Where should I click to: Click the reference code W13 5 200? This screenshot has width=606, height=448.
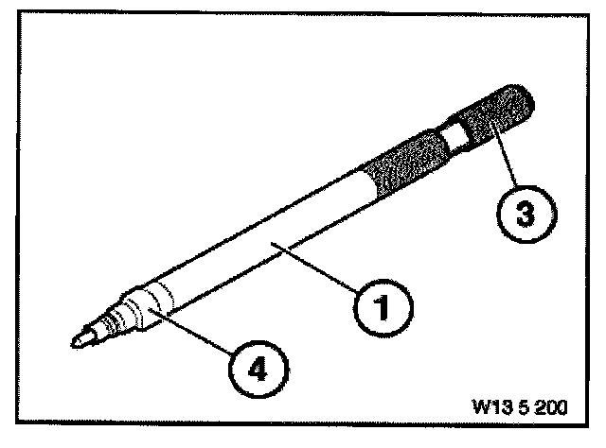pos(517,411)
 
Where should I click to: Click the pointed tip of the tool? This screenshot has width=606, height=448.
pos(76,338)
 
